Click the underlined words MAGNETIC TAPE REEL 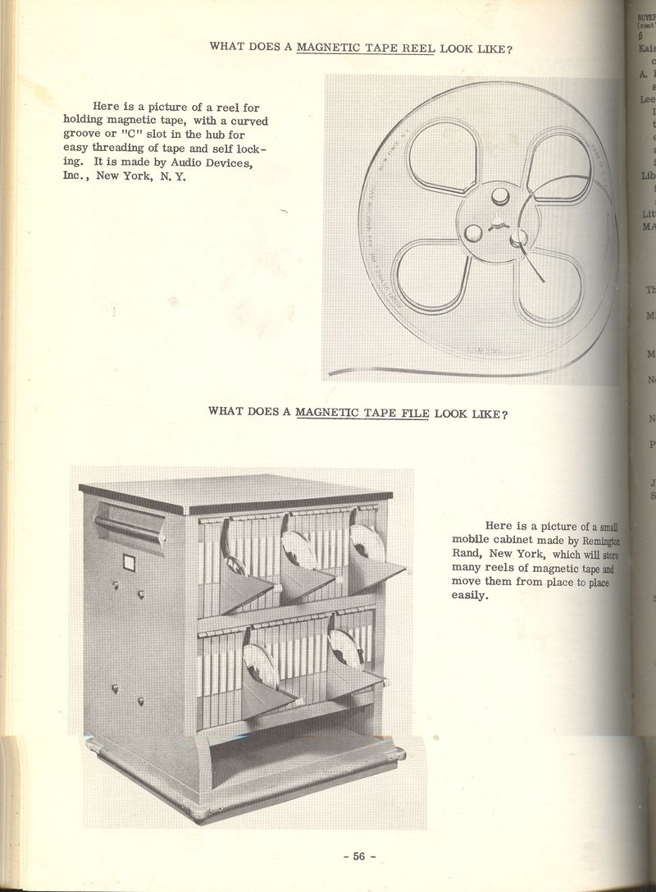click(366, 48)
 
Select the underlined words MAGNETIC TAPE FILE click(362, 413)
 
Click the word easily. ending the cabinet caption click(471, 596)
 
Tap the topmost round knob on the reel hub click(499, 196)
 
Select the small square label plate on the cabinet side click(129, 563)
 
